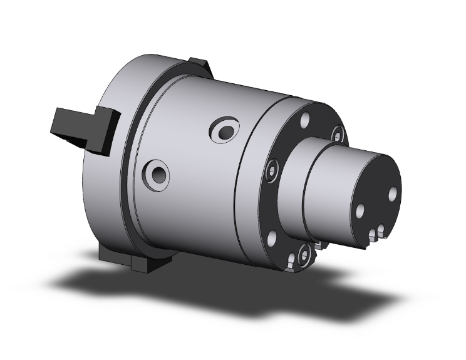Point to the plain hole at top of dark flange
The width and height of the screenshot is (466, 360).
coord(306,120)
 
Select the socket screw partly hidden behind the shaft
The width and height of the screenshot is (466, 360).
coord(338,133)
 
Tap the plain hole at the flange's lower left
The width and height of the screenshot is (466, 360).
coord(272,238)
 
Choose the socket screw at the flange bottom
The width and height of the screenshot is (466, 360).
coord(304,254)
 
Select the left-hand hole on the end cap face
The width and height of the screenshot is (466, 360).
coord(360,211)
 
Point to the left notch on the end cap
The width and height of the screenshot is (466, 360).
coord(372,235)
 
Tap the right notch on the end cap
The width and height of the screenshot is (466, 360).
coord(381,232)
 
